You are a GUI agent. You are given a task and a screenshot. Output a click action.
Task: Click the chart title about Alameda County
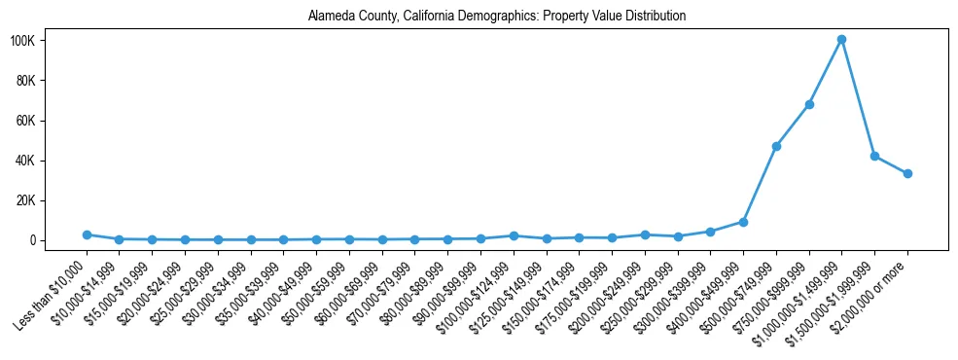[x=497, y=17]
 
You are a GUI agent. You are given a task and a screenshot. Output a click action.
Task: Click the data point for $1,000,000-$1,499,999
[x=841, y=40]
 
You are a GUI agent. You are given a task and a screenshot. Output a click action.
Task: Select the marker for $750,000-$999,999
[x=809, y=104]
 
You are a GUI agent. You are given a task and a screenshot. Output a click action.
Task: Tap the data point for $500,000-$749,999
[x=776, y=146]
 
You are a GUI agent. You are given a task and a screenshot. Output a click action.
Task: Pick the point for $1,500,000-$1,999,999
[x=874, y=156]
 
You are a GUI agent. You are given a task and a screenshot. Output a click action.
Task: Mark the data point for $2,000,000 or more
[x=907, y=173]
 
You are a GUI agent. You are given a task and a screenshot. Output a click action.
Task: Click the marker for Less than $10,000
[x=87, y=234]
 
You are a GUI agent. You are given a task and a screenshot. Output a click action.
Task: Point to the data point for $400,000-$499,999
[x=743, y=222]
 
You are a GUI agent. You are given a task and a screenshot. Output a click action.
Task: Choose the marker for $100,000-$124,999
[x=514, y=235]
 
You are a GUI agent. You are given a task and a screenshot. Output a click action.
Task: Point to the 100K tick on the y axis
[x=49, y=41]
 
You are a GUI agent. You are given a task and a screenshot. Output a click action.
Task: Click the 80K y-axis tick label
[x=52, y=81]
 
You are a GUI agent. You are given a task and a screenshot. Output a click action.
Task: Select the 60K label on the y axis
[x=52, y=121]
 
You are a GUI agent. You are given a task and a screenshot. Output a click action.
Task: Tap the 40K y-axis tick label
[x=52, y=161]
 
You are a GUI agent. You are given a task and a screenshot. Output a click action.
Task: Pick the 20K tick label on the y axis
[x=52, y=200]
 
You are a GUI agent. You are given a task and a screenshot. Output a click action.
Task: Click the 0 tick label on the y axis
[x=59, y=240]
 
